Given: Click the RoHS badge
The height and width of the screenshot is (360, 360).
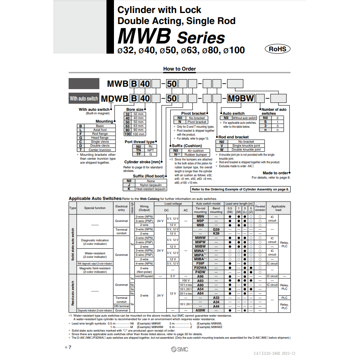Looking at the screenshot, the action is tap(278, 49).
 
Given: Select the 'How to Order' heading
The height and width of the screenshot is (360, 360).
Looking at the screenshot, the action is tap(179, 69).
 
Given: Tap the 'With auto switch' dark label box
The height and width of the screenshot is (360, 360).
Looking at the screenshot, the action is tap(84, 99).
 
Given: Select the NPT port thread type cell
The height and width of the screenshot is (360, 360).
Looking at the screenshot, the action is tap(150, 150).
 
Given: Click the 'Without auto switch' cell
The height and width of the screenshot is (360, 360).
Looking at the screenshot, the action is tap(244, 118).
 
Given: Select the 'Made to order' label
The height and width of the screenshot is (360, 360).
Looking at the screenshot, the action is tap(275, 173).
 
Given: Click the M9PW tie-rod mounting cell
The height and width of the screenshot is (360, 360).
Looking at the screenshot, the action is tap(200, 242).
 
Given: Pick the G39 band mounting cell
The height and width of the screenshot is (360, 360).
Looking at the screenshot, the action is tap(216, 229).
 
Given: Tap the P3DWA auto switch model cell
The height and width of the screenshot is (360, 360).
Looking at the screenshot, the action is tap(200, 268).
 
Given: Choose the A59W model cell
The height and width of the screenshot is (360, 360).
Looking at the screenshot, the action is tap(200, 310).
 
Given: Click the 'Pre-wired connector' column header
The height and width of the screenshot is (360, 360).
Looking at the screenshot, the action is tap(260, 208).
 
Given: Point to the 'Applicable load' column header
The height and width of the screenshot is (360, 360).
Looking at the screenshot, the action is tap(278, 208).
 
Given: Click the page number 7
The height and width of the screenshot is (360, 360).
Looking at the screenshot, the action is tap(70, 347).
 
